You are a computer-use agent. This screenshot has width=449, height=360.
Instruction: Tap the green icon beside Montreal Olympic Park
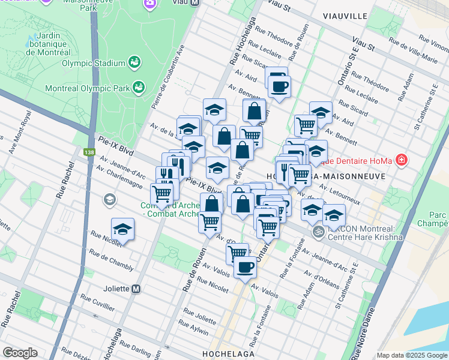[x=139, y=88]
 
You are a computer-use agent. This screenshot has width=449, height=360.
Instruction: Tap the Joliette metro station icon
[x=136, y=289]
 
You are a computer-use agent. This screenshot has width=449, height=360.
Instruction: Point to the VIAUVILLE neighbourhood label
[x=344, y=15]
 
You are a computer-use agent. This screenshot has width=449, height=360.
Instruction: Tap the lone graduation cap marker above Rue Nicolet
[x=123, y=229]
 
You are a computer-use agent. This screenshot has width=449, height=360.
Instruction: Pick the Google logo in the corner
[x=20, y=353]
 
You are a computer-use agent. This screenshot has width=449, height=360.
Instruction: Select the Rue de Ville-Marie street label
[x=414, y=51]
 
